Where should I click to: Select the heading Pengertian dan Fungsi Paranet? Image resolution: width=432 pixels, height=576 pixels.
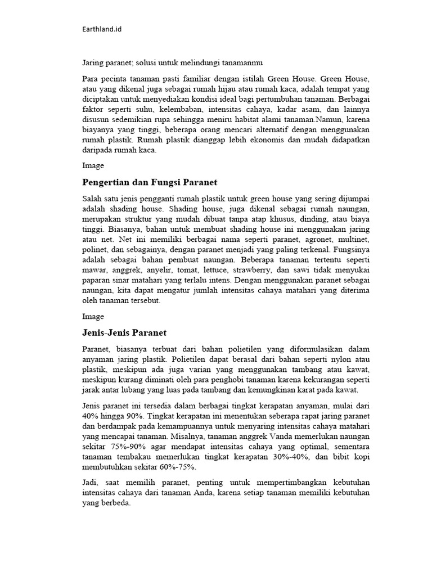point(150,182)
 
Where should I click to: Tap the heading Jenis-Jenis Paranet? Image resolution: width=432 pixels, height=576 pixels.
point(124,332)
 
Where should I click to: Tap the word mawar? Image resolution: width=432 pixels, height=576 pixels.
point(94,270)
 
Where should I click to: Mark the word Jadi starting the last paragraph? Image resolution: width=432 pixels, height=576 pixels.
point(91,483)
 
